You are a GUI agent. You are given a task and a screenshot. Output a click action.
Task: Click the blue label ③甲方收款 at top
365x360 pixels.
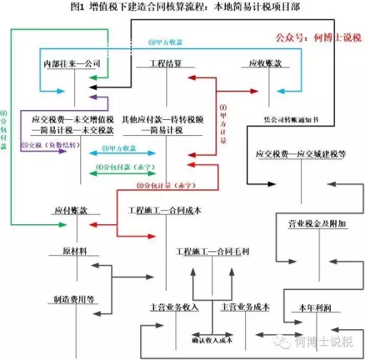pyautogui.click(x=166, y=43)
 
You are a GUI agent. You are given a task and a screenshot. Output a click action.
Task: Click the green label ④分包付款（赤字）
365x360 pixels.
pyautogui.click(x=126, y=168)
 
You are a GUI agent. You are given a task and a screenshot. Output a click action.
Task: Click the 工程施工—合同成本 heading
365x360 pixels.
pyautogui.click(x=165, y=211)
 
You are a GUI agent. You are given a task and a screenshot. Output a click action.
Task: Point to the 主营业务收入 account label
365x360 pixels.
pyautogui.click(x=174, y=307)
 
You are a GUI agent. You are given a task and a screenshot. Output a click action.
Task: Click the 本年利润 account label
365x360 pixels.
pyautogui.click(x=308, y=308)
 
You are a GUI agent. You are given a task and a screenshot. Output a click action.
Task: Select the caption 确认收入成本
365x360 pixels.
pyautogui.click(x=212, y=341)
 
